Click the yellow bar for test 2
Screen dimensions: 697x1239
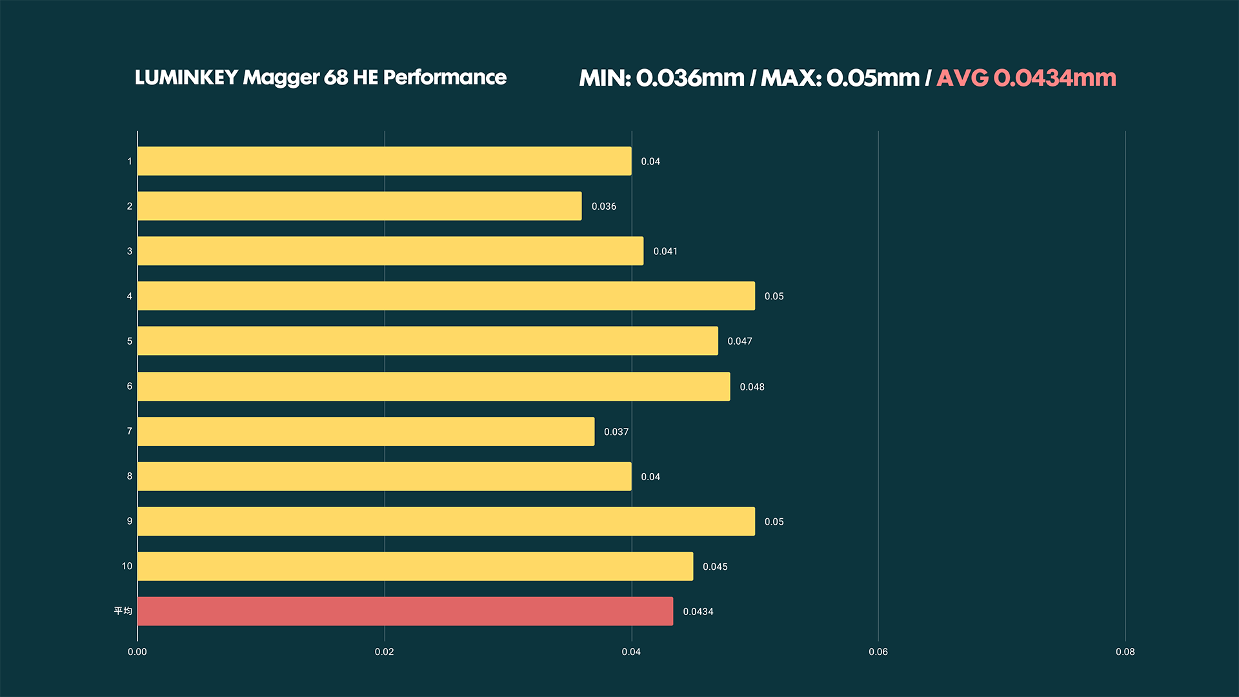pos(359,206)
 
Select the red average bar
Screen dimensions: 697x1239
pos(405,611)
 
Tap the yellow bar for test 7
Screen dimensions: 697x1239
pos(366,431)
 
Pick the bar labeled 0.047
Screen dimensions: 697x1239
pos(427,341)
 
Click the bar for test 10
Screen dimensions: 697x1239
pos(415,566)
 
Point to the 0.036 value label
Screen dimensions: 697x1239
pos(603,207)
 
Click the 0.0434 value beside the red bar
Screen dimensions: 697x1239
pos(698,612)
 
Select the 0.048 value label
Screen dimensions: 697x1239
pos(752,387)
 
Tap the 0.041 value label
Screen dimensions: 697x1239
pos(665,251)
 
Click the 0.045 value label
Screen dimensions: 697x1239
pos(714,567)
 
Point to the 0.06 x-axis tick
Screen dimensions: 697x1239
pos(878,652)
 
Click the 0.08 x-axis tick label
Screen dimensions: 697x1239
pos(1125,652)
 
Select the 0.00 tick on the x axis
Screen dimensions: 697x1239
pos(137,652)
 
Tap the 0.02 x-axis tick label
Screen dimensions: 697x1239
pos(384,652)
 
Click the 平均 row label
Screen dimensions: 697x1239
pos(123,611)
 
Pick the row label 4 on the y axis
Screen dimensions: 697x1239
pos(129,296)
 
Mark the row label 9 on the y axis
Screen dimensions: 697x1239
pos(129,521)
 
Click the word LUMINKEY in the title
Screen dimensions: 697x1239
pos(186,77)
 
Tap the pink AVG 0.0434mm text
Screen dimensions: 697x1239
pos(1026,78)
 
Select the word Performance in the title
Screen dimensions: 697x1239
pos(445,77)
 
